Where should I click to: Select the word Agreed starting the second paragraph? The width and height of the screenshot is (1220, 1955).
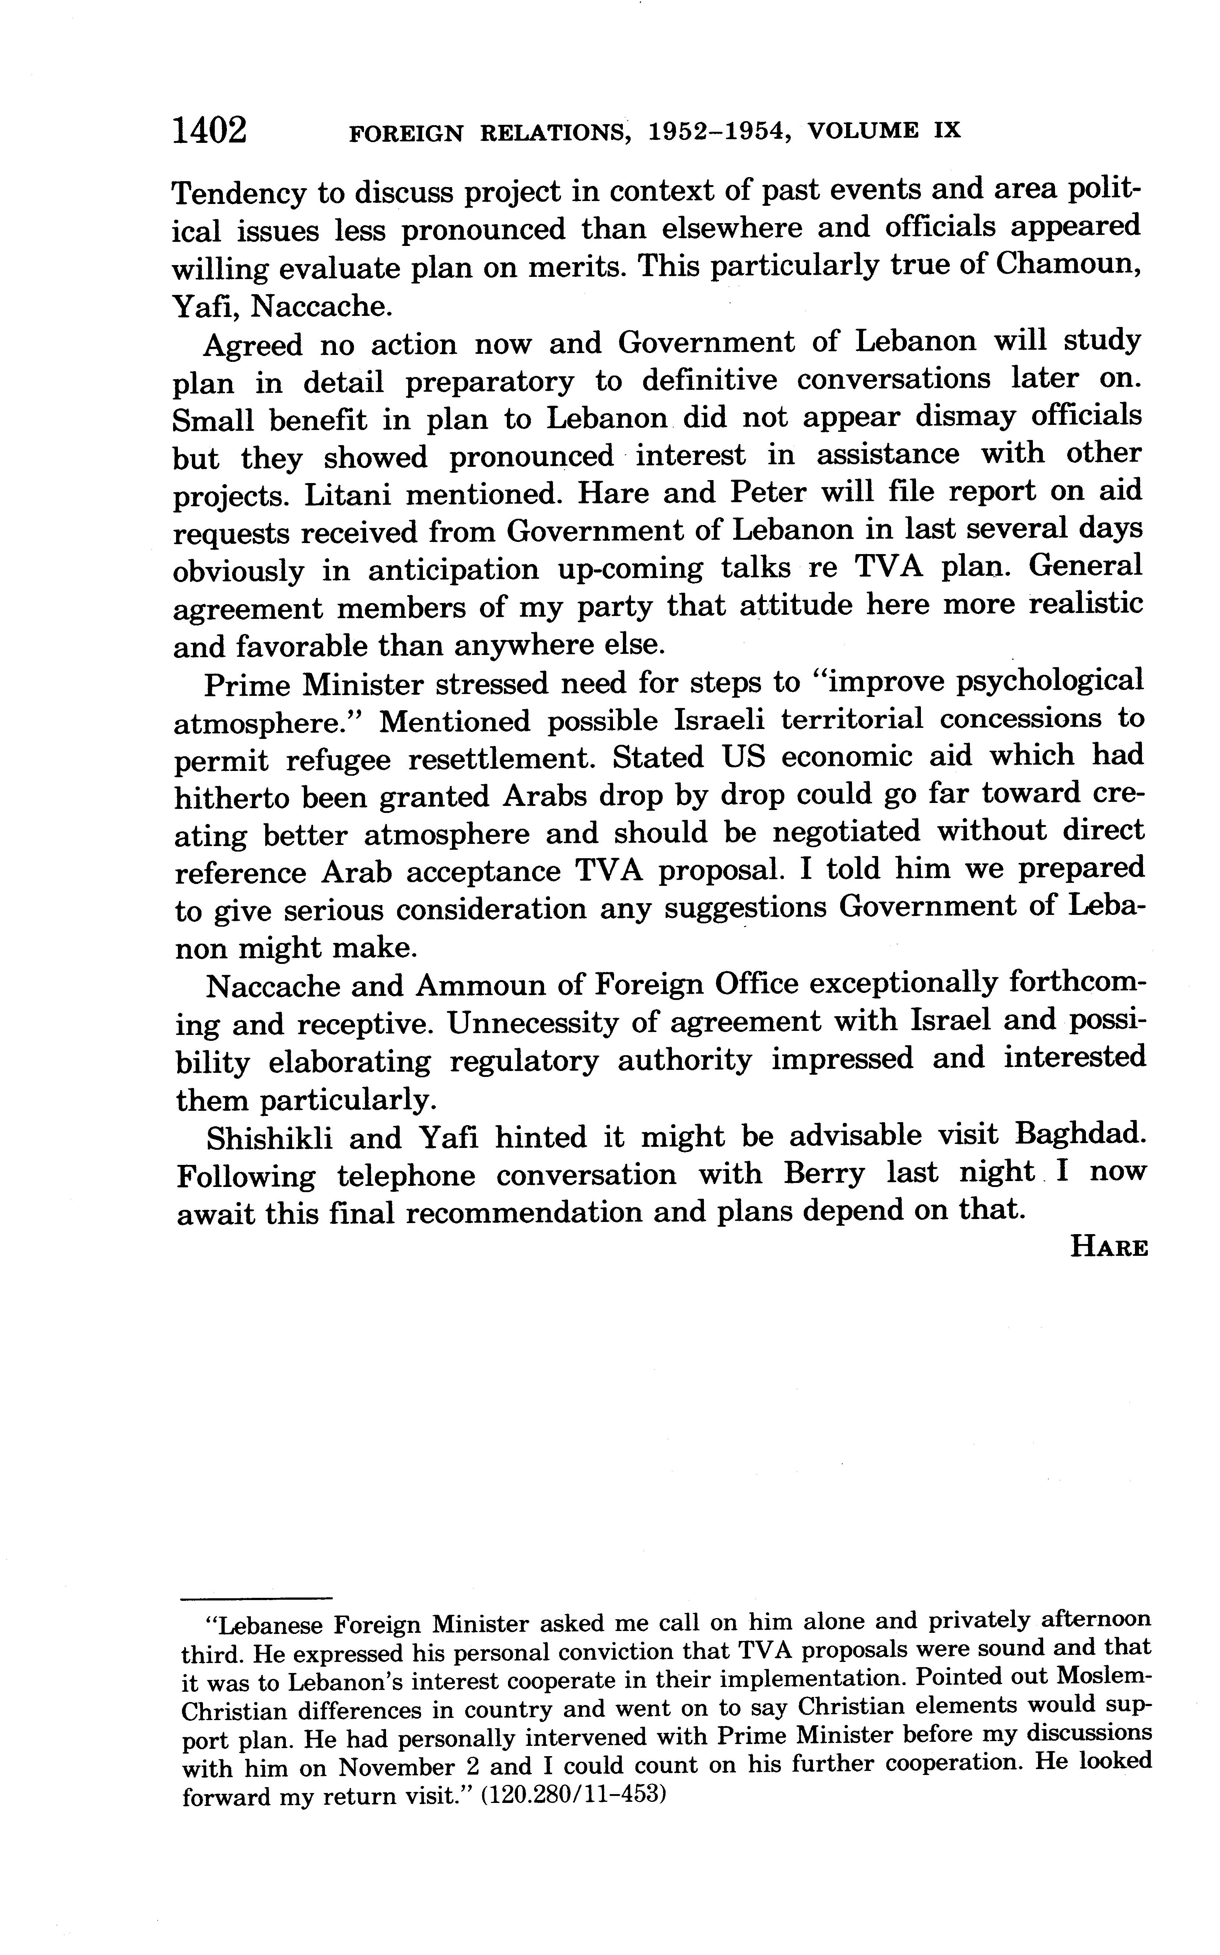coord(253,345)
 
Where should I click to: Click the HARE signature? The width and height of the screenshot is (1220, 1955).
coord(1108,1248)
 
